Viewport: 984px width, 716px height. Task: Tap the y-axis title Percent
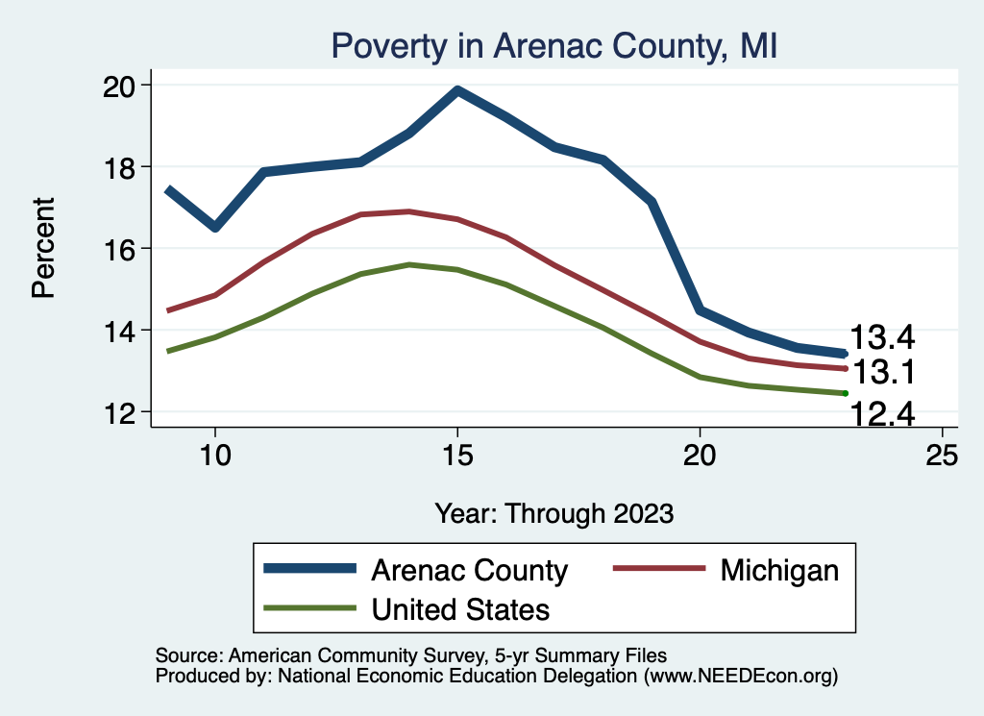tap(43, 248)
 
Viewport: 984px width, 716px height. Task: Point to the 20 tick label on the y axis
tap(124, 86)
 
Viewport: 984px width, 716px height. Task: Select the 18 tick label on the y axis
tap(124, 167)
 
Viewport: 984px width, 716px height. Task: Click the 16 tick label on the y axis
tap(124, 249)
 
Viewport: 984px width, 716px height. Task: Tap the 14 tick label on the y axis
tap(124, 331)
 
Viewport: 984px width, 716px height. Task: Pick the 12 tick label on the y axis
tap(124, 412)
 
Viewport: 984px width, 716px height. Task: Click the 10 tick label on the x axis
tap(215, 456)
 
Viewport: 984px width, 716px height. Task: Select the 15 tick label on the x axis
tap(457, 456)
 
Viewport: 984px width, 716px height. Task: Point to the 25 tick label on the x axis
tap(942, 456)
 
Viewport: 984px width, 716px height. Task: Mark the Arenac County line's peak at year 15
tap(457, 90)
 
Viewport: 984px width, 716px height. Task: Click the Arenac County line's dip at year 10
tap(215, 227)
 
